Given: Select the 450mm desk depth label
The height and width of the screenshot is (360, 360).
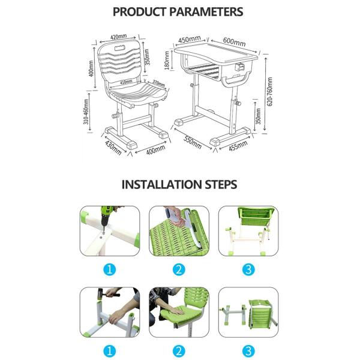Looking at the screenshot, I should click(187, 40).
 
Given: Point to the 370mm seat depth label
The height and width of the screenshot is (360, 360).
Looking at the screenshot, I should click(158, 84).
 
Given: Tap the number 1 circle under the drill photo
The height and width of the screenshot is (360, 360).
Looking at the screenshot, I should click(109, 269).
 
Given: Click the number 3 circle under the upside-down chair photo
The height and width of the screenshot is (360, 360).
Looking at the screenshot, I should click(248, 350).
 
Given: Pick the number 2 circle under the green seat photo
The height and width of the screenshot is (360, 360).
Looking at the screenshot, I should click(178, 350).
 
